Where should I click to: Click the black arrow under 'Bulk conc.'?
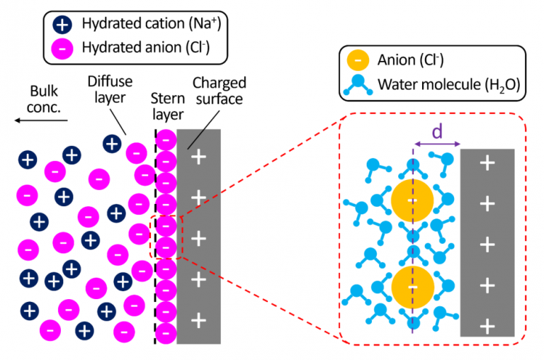[x=40, y=120]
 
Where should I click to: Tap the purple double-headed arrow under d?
[x=436, y=145]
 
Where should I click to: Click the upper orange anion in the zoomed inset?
[x=412, y=201]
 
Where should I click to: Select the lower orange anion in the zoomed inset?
[x=412, y=286]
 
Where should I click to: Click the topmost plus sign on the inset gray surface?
[x=487, y=164]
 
